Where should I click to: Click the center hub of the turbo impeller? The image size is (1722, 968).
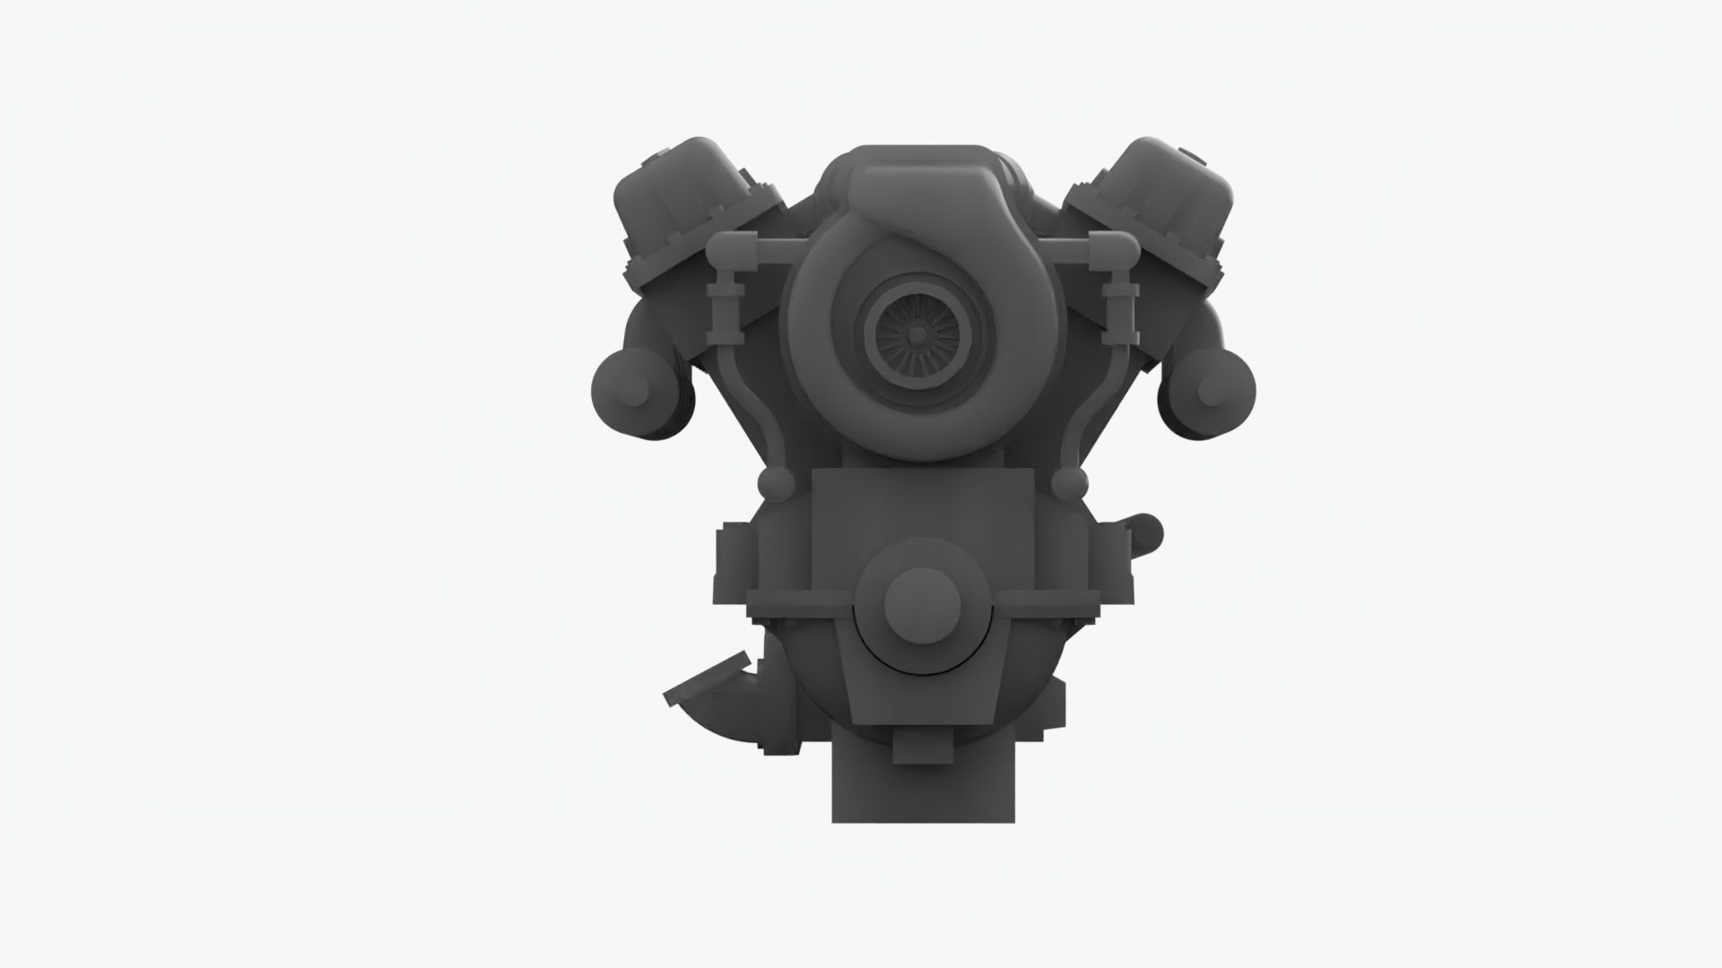[917, 333]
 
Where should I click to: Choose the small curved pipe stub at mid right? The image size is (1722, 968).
[1146, 533]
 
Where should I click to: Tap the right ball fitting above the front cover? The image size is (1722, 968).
[1065, 485]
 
